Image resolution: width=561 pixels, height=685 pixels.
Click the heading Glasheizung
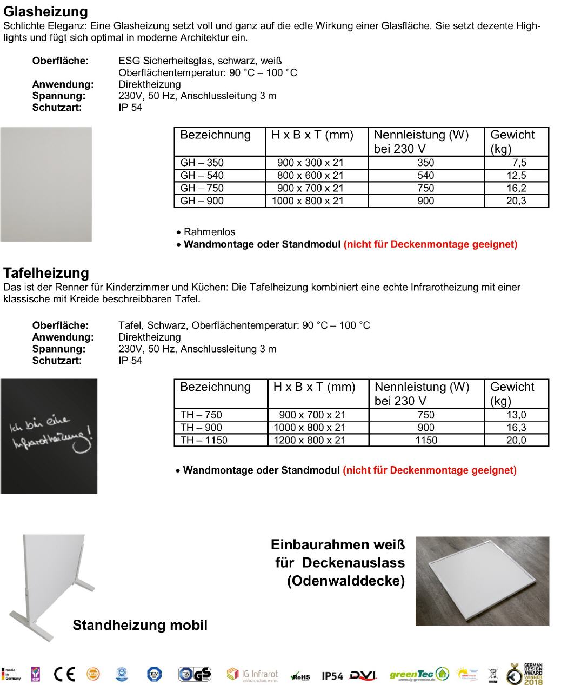pyautogui.click(x=45, y=11)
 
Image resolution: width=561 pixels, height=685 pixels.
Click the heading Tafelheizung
pyautogui.click(x=46, y=273)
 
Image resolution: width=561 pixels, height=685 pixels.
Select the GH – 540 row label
pyautogui.click(x=202, y=175)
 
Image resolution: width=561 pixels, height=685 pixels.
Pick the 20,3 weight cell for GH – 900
pyautogui.click(x=516, y=201)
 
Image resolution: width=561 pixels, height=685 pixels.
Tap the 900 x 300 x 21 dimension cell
pyautogui.click(x=310, y=163)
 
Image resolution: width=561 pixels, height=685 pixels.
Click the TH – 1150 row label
pyautogui.click(x=204, y=440)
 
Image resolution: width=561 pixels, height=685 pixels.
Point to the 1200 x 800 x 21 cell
pyautogui.click(x=310, y=440)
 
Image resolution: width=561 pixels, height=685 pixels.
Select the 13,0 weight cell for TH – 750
pyautogui.click(x=516, y=415)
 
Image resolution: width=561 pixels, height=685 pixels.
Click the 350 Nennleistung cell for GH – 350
pyautogui.click(x=425, y=163)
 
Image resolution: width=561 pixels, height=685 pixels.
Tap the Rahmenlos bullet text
pyautogui.click(x=209, y=232)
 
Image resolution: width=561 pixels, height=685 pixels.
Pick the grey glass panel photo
pyautogui.click(x=46, y=184)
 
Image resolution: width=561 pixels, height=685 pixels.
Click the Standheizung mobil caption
pyautogui.click(x=140, y=626)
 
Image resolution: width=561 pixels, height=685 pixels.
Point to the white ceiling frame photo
pyautogui.click(x=482, y=581)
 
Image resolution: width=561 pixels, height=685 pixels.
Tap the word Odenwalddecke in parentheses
pyautogui.click(x=345, y=581)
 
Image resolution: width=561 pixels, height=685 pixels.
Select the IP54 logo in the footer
pyautogui.click(x=332, y=676)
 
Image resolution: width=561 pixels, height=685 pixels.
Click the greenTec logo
pyautogui.click(x=419, y=674)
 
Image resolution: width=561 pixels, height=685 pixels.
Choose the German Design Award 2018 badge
pyautogui.click(x=525, y=674)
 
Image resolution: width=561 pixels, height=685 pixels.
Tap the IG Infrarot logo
pyautogui.click(x=252, y=675)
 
